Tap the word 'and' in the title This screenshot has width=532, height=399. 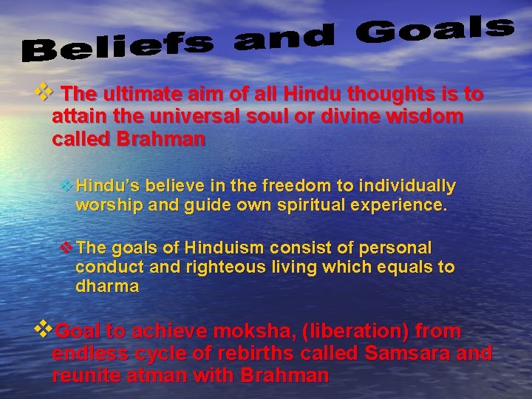pos(284,38)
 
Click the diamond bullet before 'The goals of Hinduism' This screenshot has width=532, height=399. pos(66,247)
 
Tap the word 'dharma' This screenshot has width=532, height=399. pos(107,287)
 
